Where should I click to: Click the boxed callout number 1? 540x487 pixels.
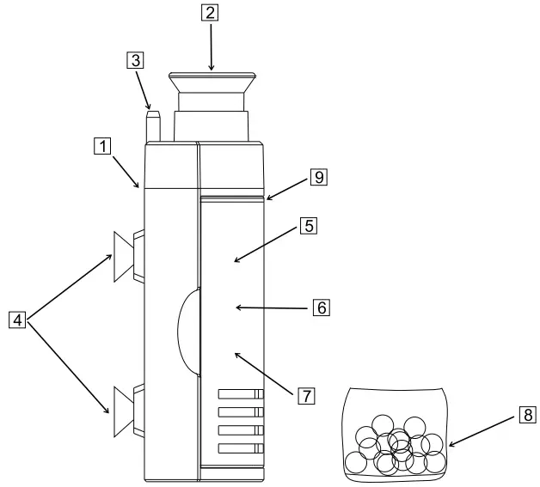pos(102,147)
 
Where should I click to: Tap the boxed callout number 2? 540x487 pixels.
pos(210,13)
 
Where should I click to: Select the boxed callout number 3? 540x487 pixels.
pos(134,60)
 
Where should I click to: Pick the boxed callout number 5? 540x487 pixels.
pos(309,226)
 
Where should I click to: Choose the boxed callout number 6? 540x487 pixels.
pos(321,306)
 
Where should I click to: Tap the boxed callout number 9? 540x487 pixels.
pos(318,177)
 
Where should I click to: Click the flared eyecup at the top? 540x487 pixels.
pos(212,84)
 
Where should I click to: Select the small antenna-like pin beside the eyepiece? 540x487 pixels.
pos(154,125)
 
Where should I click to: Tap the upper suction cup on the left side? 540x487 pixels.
pos(126,256)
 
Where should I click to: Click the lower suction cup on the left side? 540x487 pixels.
pos(125,409)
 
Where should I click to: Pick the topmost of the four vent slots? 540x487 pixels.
pos(239,394)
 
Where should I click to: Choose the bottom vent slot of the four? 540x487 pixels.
pos(239,448)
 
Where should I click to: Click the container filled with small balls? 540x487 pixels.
pos(395,434)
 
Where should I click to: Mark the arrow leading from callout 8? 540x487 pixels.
pos(482,430)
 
